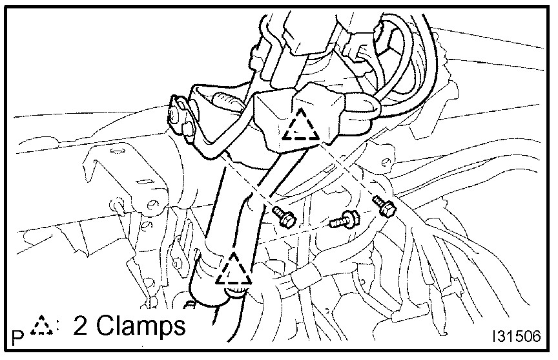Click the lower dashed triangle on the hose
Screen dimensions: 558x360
[x=233, y=270]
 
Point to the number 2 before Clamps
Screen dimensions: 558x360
[x=82, y=325]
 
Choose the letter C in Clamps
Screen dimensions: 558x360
[x=105, y=325]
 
